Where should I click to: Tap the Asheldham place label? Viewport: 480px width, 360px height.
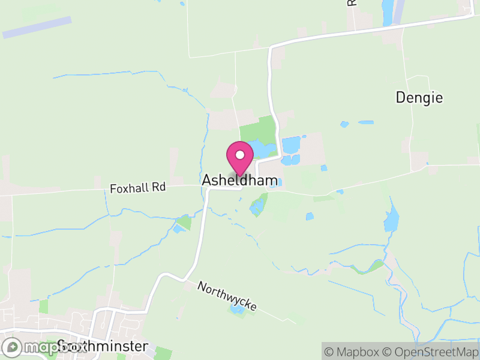coord(240,180)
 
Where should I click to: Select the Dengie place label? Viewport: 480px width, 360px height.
coord(419,98)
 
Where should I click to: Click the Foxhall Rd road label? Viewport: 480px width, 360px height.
coord(137,188)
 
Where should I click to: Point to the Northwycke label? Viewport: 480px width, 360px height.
coord(227,296)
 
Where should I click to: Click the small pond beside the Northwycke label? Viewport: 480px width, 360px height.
coord(238,310)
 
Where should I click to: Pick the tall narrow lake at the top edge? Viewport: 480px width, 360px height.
coord(388,10)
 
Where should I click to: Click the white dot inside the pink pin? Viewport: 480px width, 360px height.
coord(240,155)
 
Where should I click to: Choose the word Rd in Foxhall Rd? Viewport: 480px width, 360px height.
coord(158,188)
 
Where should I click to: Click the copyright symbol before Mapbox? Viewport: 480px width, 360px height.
coord(329,352)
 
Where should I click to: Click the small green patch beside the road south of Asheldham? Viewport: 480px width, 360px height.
coord(185,223)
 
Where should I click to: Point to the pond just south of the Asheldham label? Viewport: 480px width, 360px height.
coord(258,208)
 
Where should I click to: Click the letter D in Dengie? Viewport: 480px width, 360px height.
coord(401,98)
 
